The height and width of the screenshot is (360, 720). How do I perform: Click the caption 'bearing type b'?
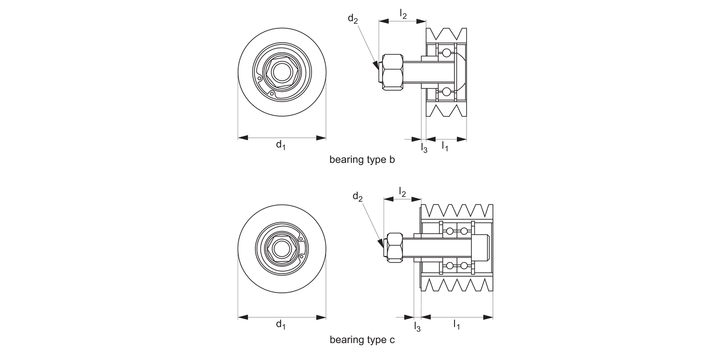tap(362, 160)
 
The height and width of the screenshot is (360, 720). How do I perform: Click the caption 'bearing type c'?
tap(362, 340)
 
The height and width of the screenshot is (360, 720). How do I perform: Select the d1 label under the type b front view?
tap(281, 145)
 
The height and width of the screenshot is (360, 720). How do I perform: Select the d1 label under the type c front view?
tap(281, 325)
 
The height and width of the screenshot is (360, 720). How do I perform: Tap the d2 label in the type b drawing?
tap(353, 19)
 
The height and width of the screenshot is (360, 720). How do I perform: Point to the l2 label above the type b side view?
tap(403, 14)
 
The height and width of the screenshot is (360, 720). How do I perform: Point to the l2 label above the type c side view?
tap(402, 192)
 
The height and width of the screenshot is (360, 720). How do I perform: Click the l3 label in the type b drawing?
tap(424, 148)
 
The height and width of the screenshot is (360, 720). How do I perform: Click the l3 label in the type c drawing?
tap(417, 327)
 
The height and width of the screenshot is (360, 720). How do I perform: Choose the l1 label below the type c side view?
tap(456, 325)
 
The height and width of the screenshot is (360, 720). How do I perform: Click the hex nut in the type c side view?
tap(395, 247)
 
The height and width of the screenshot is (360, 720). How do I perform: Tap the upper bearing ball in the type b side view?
tap(447, 52)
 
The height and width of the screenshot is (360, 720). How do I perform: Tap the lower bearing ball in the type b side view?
tap(447, 91)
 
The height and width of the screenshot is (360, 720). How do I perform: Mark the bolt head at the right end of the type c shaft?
tap(482, 247)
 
